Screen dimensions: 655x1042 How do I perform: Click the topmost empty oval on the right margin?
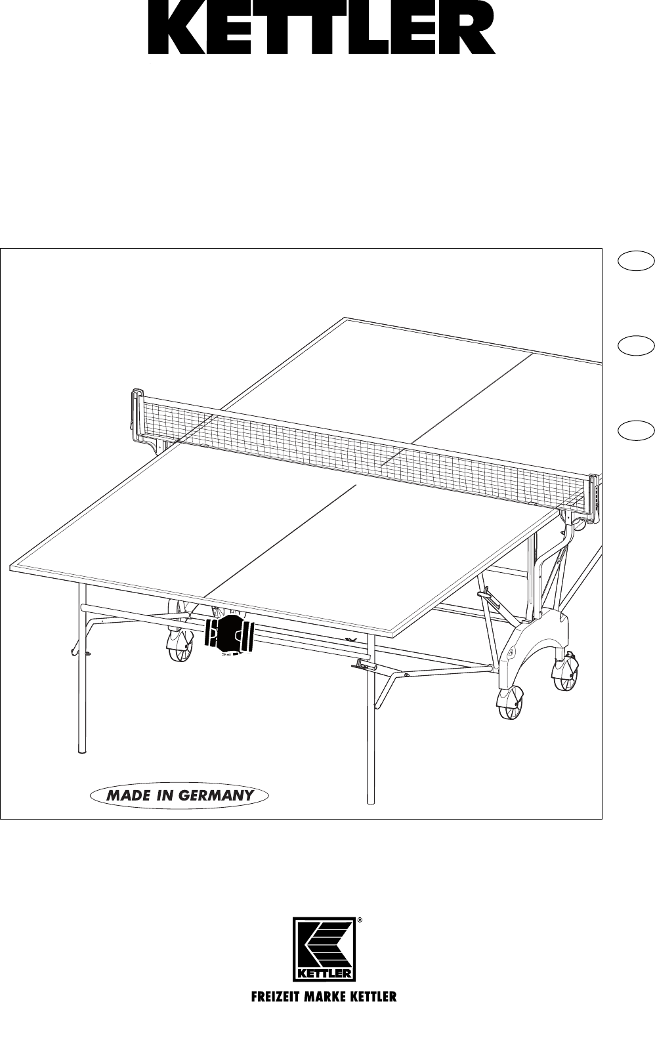[636, 261]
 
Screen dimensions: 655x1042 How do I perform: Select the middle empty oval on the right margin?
[636, 346]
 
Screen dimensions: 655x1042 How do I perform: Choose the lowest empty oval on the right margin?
[636, 429]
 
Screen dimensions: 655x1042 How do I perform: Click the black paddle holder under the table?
[229, 635]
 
